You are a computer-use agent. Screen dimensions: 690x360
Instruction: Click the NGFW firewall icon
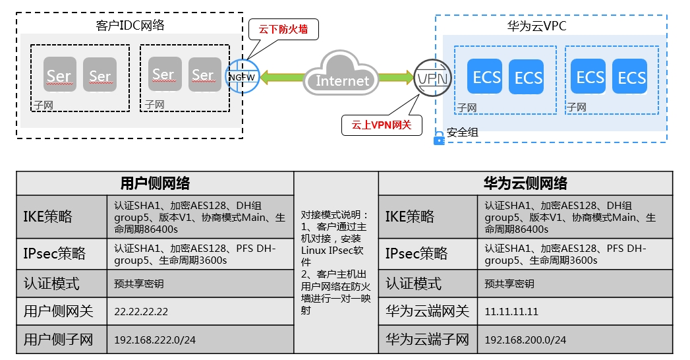pos(243,76)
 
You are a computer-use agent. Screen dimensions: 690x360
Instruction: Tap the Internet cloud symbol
pos(341,73)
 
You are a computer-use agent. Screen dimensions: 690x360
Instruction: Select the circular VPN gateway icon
pos(432,78)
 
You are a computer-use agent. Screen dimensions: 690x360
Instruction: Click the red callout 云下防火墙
pos(283,30)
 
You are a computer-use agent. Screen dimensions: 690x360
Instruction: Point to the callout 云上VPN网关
pos(382,125)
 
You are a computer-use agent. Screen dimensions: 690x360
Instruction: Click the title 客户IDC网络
pos(130,25)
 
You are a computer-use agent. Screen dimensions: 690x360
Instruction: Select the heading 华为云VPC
pos(536,26)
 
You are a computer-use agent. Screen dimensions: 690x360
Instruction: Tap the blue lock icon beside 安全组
pos(439,138)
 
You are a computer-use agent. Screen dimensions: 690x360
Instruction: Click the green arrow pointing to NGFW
pos(282,77)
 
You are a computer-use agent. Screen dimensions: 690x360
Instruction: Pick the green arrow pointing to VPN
pos(396,77)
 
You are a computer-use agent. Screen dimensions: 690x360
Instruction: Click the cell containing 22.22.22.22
pos(200,312)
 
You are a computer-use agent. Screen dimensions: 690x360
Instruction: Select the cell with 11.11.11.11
pos(575,312)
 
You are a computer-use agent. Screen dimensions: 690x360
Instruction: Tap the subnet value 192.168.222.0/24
pos(155,340)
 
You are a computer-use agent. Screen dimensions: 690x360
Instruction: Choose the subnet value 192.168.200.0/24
pos(525,340)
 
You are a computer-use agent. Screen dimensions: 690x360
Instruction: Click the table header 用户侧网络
pos(155,183)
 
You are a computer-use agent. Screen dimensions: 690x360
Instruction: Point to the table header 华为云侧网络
pos(525,183)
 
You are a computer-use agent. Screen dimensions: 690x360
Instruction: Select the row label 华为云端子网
pos(428,340)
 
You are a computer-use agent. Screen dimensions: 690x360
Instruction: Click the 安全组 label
pos(462,132)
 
